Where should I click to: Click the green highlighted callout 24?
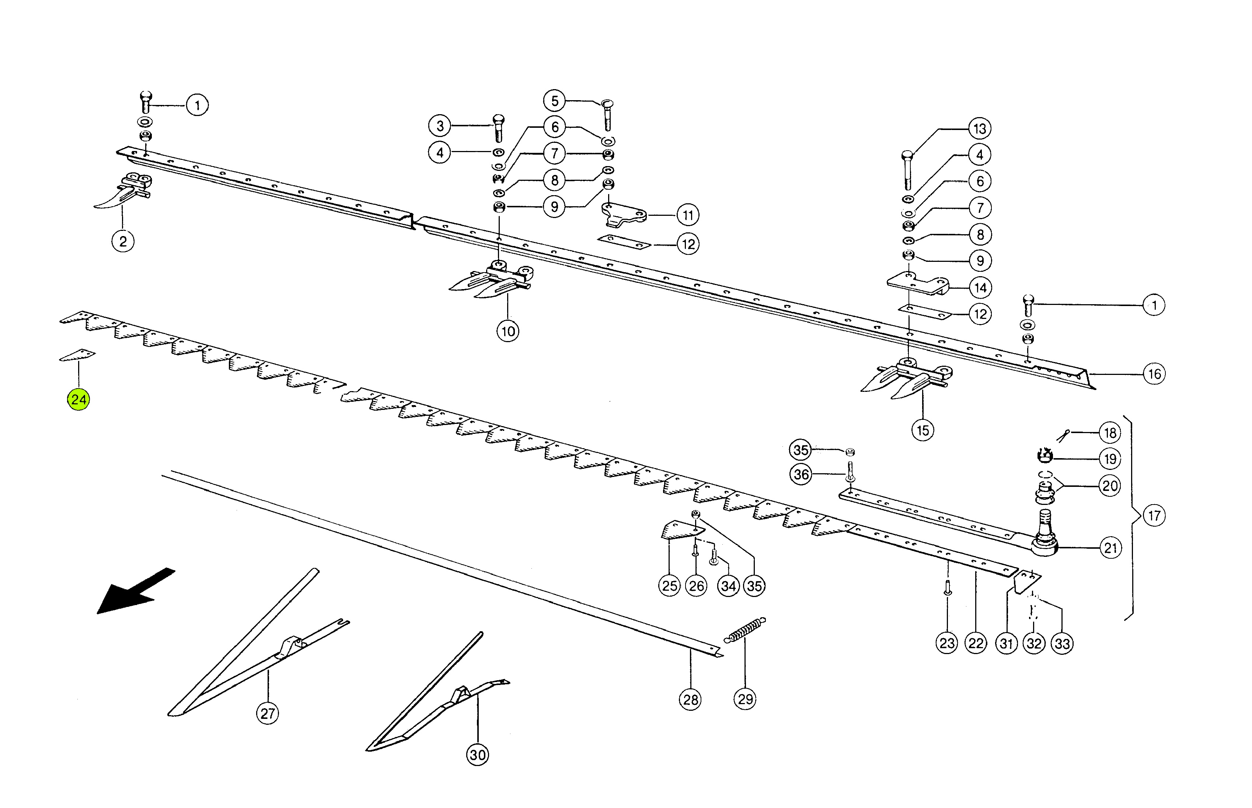[x=78, y=400]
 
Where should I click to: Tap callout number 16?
[x=1154, y=374]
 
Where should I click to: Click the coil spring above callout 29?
[x=744, y=630]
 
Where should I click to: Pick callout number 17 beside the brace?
[x=1154, y=516]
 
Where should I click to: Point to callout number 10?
[x=508, y=331]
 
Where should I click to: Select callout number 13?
[x=980, y=129]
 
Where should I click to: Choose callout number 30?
[x=477, y=755]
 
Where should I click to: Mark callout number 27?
[x=268, y=714]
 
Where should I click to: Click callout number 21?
[x=1110, y=548]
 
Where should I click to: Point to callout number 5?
[x=554, y=101]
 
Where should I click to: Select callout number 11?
[x=688, y=215]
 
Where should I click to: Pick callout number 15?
[x=923, y=431]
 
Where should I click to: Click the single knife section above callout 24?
[x=77, y=355]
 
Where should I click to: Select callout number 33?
[x=1062, y=643]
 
